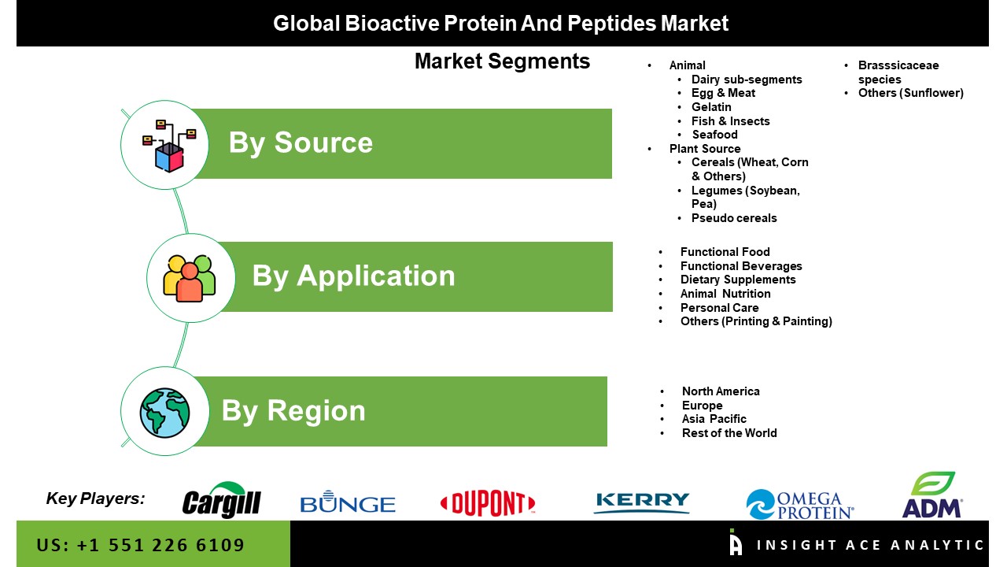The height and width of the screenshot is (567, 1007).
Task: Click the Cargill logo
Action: click(x=222, y=499)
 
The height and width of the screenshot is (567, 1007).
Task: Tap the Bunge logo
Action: click(x=348, y=502)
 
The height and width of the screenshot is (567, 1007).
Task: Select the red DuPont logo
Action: click(x=488, y=502)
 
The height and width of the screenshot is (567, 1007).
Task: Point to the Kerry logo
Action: click(x=641, y=502)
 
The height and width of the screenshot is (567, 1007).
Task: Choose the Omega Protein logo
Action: click(x=800, y=505)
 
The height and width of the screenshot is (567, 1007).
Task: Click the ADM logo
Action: click(x=932, y=495)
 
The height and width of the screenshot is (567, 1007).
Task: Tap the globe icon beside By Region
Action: click(x=164, y=413)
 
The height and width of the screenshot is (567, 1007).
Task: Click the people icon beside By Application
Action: click(x=190, y=278)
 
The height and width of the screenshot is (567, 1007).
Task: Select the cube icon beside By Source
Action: click(x=169, y=146)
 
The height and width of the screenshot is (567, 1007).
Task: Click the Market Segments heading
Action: click(x=502, y=61)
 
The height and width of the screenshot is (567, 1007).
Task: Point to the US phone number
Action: click(x=140, y=545)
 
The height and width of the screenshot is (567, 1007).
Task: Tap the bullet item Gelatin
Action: click(x=711, y=107)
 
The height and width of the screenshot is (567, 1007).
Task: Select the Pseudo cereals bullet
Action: click(x=734, y=218)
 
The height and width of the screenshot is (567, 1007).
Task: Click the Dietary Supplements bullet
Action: click(x=738, y=280)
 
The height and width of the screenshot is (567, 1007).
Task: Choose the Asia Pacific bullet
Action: click(x=714, y=419)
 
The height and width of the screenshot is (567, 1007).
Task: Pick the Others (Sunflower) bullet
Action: click(x=911, y=93)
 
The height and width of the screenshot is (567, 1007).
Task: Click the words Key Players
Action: click(x=95, y=498)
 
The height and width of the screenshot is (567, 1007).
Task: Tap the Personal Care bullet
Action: click(x=719, y=308)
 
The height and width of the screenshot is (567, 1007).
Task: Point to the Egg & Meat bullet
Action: click(x=723, y=93)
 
